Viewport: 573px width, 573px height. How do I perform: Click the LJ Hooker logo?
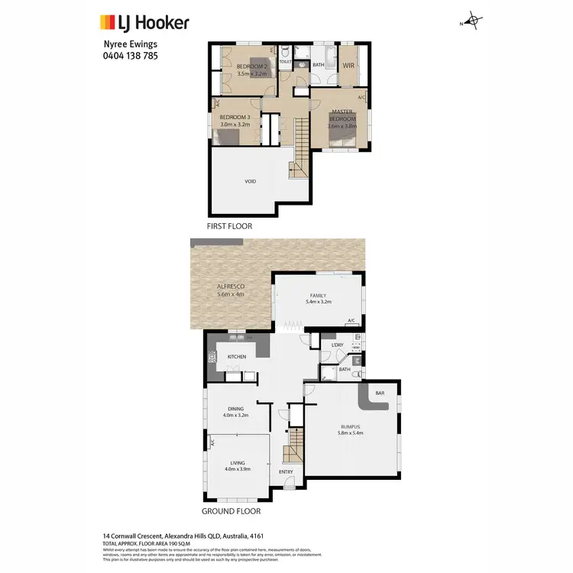(144, 23)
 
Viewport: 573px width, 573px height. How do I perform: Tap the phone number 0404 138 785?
(130, 55)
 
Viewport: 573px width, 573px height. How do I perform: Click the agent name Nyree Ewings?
(130, 44)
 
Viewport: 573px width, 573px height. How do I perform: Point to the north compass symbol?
(474, 21)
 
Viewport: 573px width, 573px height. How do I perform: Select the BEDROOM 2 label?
(251, 66)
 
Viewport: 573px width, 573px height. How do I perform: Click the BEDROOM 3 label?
(235, 116)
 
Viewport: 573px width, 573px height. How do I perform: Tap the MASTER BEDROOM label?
(342, 115)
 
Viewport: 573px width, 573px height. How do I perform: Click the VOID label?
(250, 181)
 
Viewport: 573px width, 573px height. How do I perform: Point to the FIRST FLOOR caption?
(229, 226)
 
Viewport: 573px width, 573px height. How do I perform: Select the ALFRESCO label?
(230, 286)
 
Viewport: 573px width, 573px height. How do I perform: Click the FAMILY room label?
(318, 295)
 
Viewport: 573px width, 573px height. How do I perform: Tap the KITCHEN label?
(235, 357)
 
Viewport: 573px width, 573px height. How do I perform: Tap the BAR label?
(380, 393)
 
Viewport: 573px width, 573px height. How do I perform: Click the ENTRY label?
(286, 471)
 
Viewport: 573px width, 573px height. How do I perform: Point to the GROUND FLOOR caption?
(231, 511)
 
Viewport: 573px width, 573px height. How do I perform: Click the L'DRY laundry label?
(336, 345)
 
